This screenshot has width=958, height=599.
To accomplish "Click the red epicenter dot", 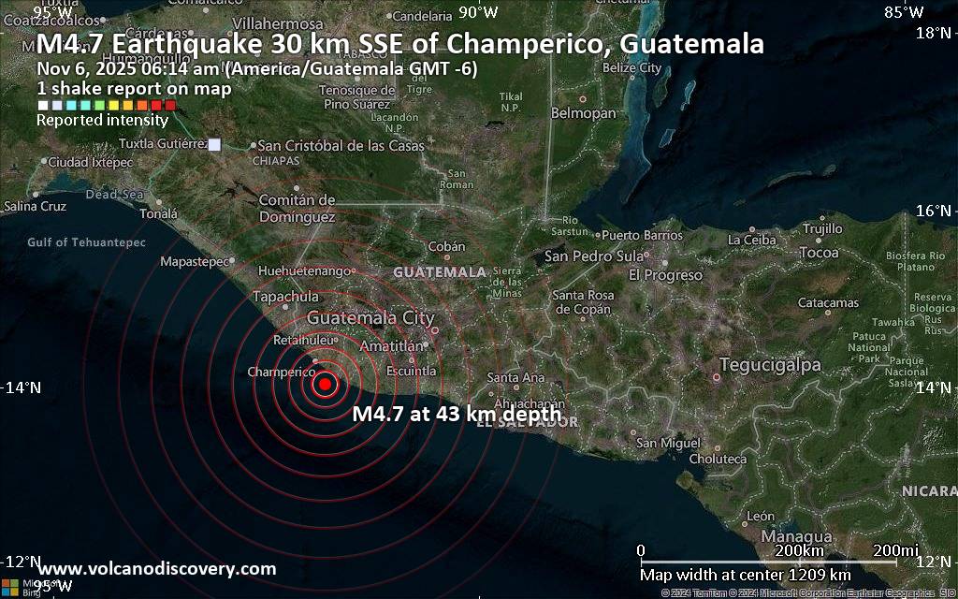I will (x=325, y=383).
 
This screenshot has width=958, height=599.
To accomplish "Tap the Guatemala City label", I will (x=370, y=318).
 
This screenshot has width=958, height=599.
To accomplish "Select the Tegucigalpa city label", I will (x=759, y=365).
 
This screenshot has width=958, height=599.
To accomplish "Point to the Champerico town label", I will (x=281, y=373).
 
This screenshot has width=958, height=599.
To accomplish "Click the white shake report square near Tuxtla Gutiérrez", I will (x=215, y=144).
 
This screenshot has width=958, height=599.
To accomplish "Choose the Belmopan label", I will (x=585, y=113).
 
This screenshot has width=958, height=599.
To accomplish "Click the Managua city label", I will (x=797, y=537).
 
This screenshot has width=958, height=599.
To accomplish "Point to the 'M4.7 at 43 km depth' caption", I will (x=457, y=414).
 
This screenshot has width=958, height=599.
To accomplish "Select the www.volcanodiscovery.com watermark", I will (x=158, y=569).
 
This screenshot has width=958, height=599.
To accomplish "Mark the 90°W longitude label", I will (x=477, y=12).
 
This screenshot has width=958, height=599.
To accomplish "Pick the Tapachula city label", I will (x=285, y=297).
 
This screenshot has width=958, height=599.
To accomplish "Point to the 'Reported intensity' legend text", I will (x=102, y=120).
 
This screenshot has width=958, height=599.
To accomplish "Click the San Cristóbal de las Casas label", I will (x=341, y=146).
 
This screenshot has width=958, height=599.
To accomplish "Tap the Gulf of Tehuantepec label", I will (x=87, y=242).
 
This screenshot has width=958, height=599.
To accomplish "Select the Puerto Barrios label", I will (x=641, y=235).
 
